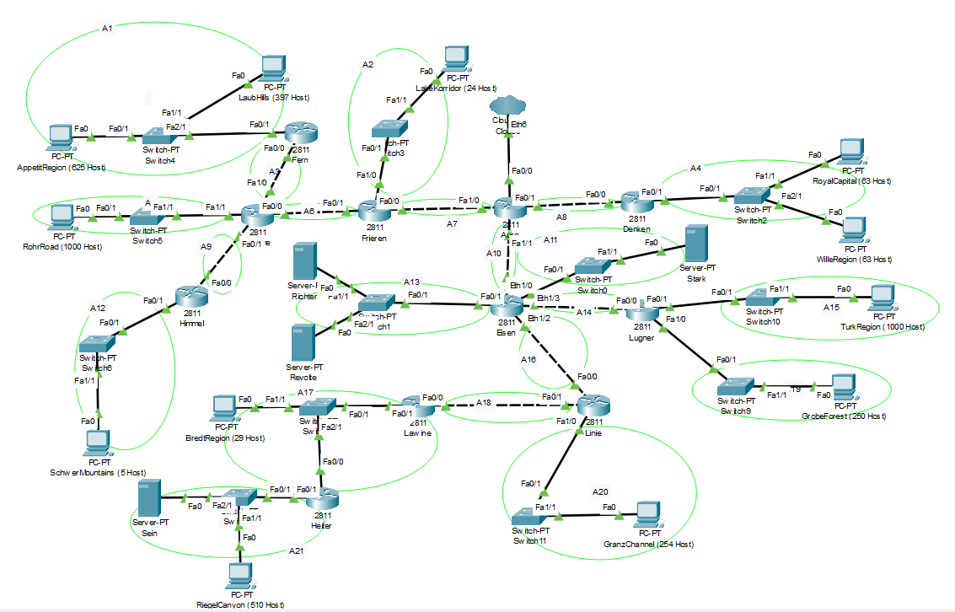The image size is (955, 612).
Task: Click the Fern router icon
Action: pos(298,133)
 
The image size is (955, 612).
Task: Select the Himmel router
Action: pos(191,297)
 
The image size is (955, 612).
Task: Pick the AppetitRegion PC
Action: pos(60,137)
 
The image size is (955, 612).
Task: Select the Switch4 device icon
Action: pos(158,136)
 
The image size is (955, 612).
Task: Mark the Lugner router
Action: pos(642,308)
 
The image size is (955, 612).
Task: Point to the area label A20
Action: pos(600,491)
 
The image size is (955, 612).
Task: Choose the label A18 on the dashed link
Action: pos(483,403)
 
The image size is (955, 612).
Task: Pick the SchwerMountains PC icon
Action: pos(99,441)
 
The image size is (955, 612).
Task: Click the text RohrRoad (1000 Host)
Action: pos(63,246)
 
